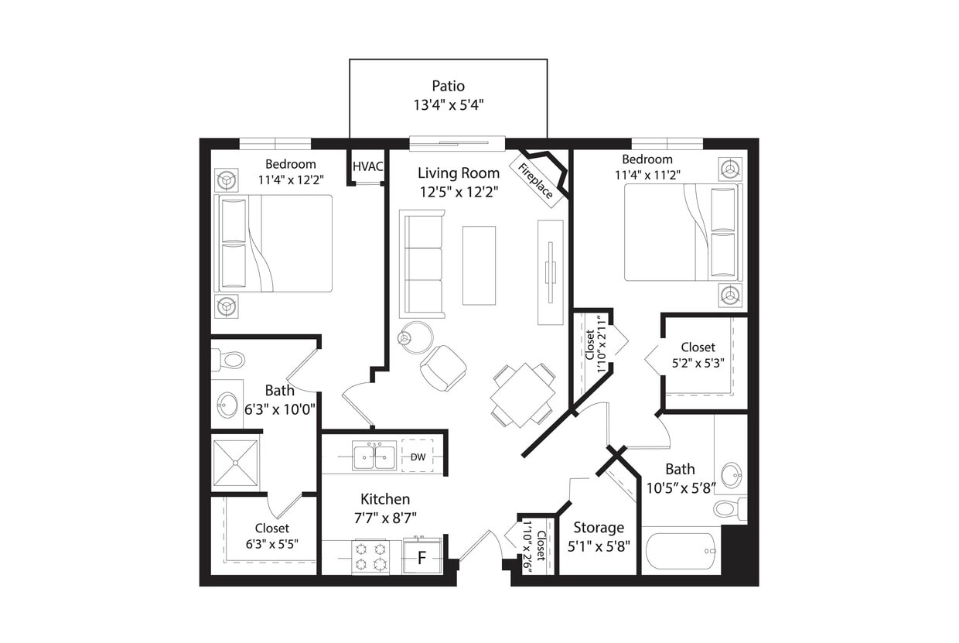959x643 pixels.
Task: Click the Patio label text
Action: tap(448, 85)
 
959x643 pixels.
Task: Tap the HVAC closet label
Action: tap(367, 166)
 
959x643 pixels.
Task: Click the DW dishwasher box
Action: tap(418, 457)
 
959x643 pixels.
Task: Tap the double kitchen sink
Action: tap(374, 457)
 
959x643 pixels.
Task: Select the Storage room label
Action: tap(598, 527)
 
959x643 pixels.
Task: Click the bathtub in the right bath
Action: tap(681, 551)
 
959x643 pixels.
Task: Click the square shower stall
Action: tap(235, 463)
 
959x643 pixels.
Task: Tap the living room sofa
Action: tap(422, 264)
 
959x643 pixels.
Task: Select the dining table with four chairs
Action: tap(523, 395)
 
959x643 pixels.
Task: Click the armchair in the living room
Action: tap(443, 368)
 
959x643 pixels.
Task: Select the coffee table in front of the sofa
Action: tap(479, 265)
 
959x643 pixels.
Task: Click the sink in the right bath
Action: tap(730, 474)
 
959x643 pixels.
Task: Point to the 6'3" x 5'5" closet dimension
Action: tap(271, 544)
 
